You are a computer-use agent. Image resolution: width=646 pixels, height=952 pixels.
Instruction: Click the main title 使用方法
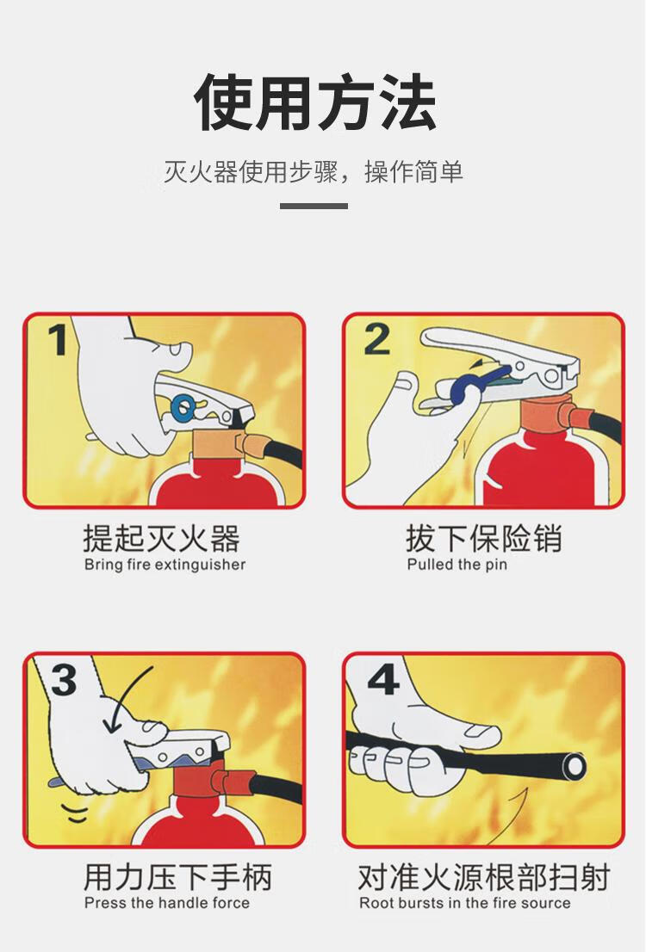[314, 102]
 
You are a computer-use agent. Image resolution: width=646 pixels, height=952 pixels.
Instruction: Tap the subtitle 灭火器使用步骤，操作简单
[314, 172]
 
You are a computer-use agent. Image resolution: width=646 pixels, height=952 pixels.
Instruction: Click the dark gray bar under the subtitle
[314, 206]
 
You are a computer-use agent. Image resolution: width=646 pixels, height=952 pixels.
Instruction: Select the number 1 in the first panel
[59, 339]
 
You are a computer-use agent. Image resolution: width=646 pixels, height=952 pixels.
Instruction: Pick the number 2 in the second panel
[376, 339]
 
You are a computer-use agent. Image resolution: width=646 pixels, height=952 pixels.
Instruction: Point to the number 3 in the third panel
[64, 679]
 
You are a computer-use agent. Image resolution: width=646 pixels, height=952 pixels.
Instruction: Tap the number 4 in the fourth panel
[383, 679]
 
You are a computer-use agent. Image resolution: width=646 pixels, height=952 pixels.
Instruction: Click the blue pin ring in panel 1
[183, 407]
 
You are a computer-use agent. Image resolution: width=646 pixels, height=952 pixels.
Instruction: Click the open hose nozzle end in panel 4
[574, 766]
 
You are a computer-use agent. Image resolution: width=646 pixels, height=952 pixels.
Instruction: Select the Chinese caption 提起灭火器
[162, 538]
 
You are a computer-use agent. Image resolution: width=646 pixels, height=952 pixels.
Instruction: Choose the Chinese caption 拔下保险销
[484, 538]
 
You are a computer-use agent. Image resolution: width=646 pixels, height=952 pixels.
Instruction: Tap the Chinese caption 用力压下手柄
[177, 877]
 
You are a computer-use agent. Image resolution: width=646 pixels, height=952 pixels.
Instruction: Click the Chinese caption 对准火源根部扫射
[484, 877]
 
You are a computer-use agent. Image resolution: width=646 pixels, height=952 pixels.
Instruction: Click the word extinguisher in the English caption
[200, 565]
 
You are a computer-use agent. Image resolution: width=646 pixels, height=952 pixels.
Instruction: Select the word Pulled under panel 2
[431, 565]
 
